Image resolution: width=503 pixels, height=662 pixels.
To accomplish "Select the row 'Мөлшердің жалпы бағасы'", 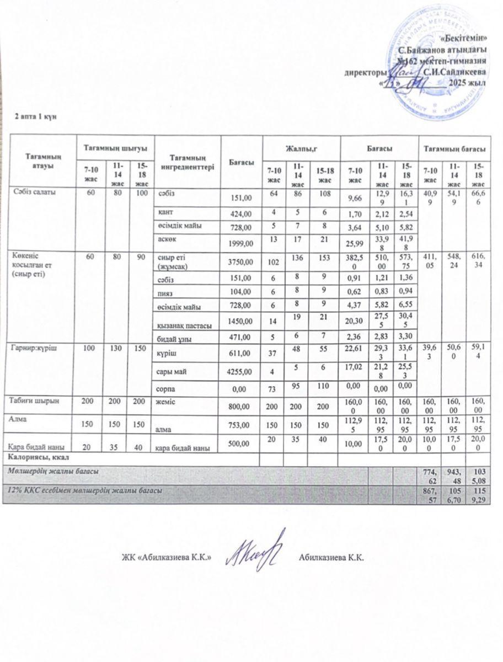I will [53, 472].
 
